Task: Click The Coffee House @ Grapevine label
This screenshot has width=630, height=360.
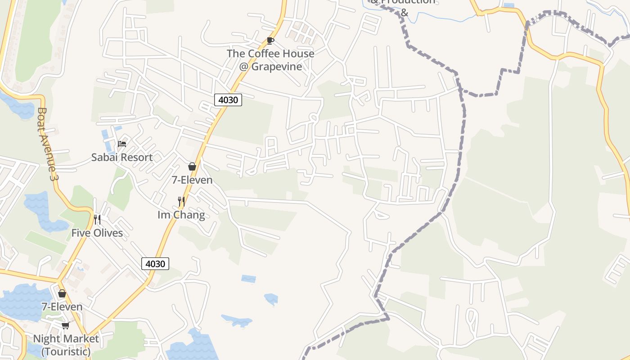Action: click(270, 60)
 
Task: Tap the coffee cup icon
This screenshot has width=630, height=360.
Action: click(270, 41)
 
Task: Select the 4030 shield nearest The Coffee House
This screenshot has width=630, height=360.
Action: click(228, 100)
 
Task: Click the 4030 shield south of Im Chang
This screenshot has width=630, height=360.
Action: click(155, 264)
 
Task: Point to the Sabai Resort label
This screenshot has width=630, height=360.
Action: click(122, 157)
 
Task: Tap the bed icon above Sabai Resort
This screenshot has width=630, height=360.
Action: click(122, 144)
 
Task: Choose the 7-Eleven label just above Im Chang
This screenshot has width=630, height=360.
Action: click(192, 180)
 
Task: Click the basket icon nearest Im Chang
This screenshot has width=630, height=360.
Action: click(192, 166)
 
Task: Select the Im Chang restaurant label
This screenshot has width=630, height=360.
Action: click(181, 215)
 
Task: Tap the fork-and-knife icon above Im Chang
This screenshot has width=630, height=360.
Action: click(181, 201)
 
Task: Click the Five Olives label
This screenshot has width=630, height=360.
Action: click(97, 233)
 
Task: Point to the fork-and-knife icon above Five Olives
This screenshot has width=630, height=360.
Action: click(97, 219)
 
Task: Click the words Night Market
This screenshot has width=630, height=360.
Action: click(66, 339)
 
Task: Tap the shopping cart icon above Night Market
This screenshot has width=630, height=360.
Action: click(66, 325)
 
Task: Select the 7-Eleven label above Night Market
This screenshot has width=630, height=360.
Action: click(62, 307)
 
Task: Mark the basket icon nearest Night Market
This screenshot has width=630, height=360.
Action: click(62, 293)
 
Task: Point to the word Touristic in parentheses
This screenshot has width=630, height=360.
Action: click(66, 351)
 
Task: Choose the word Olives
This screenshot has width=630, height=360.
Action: click(108, 233)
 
